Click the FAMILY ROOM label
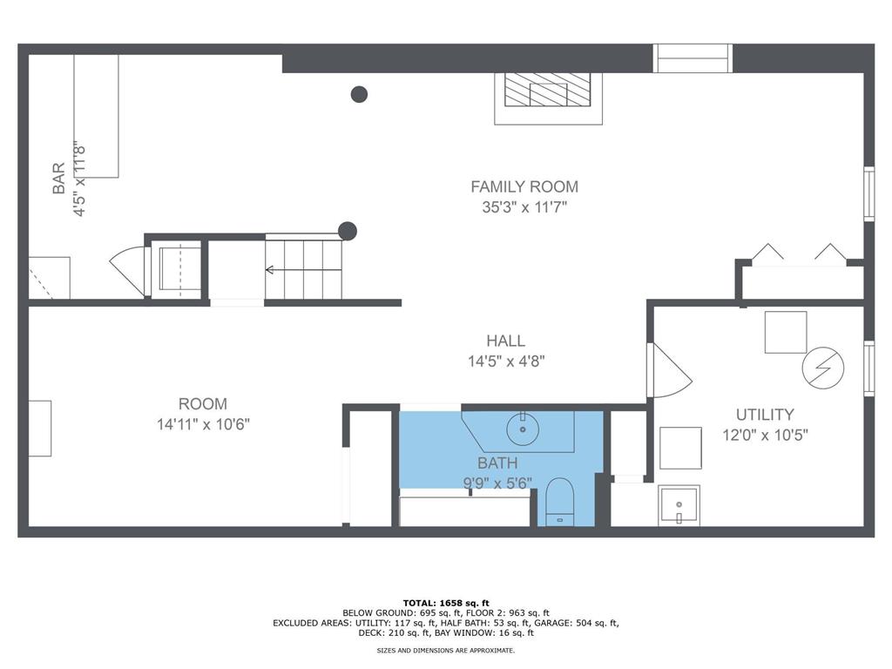coord(524,186)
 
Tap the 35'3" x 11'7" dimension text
coord(524,206)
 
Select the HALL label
coord(505,341)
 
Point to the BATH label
coord(497,463)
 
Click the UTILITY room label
coord(765,414)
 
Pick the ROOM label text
coord(202,404)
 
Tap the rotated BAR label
coord(58,178)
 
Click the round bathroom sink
coord(523,429)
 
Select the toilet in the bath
coord(559,502)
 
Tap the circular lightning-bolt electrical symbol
coord(822,368)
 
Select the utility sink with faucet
coord(679,505)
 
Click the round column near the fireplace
coord(359,94)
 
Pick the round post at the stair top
coord(348,231)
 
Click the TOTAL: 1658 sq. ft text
coord(446,603)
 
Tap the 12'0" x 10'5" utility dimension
coord(765,436)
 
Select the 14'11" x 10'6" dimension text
coord(203,424)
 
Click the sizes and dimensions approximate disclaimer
coord(446,650)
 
